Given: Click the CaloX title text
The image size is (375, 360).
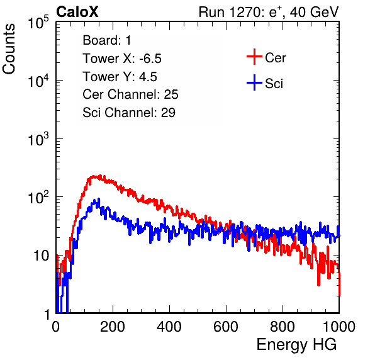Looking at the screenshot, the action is pyautogui.click(x=77, y=12).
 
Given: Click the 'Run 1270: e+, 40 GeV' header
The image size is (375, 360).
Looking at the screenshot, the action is pyautogui.click(x=269, y=12).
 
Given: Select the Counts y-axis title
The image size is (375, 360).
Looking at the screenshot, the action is pyautogui.click(x=9, y=49).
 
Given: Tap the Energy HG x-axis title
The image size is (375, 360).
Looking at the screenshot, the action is pyautogui.click(x=296, y=344).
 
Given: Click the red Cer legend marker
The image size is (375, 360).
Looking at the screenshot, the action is pyautogui.click(x=254, y=57).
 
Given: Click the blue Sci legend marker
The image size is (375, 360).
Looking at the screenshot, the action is pyautogui.click(x=254, y=82).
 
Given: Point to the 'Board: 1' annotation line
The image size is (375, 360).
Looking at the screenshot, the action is pyautogui.click(x=107, y=40).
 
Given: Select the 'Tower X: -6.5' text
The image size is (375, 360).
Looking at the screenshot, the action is pyautogui.click(x=122, y=59).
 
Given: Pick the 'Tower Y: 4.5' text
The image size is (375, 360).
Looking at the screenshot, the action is pyautogui.click(x=120, y=77).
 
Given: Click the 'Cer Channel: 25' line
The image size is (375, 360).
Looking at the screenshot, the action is pyautogui.click(x=130, y=94).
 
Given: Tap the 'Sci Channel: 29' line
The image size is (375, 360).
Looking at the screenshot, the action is pyautogui.click(x=129, y=113).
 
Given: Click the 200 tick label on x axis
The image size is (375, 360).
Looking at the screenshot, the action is pyautogui.click(x=113, y=327).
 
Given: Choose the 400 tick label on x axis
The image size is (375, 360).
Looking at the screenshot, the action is pyautogui.click(x=169, y=327).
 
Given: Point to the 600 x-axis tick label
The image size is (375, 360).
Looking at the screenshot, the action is pyautogui.click(x=226, y=327).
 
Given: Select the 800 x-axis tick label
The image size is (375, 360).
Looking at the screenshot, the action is pyautogui.click(x=283, y=327).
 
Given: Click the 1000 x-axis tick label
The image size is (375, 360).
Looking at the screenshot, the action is pyautogui.click(x=339, y=327).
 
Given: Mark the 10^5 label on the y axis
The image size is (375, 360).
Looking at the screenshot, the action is pyautogui.click(x=39, y=22).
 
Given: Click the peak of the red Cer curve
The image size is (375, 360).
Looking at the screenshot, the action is pyautogui.click(x=101, y=176).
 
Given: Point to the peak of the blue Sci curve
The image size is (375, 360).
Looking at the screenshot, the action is pyautogui.click(x=99, y=199).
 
